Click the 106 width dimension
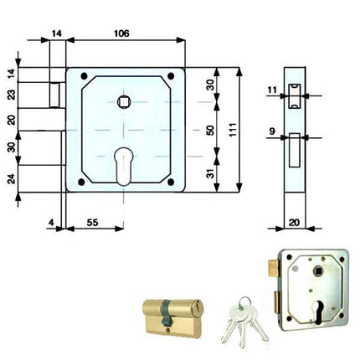[x=121, y=33]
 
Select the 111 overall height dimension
[x=233, y=130]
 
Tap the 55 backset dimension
[x=92, y=223]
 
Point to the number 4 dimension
[x=51, y=223]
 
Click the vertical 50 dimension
[x=211, y=130]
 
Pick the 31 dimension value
[x=211, y=173]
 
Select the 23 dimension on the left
[x=12, y=95]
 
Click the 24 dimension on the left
[x=12, y=178]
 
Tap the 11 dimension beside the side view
[x=272, y=90]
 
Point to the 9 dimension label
[x=272, y=131]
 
